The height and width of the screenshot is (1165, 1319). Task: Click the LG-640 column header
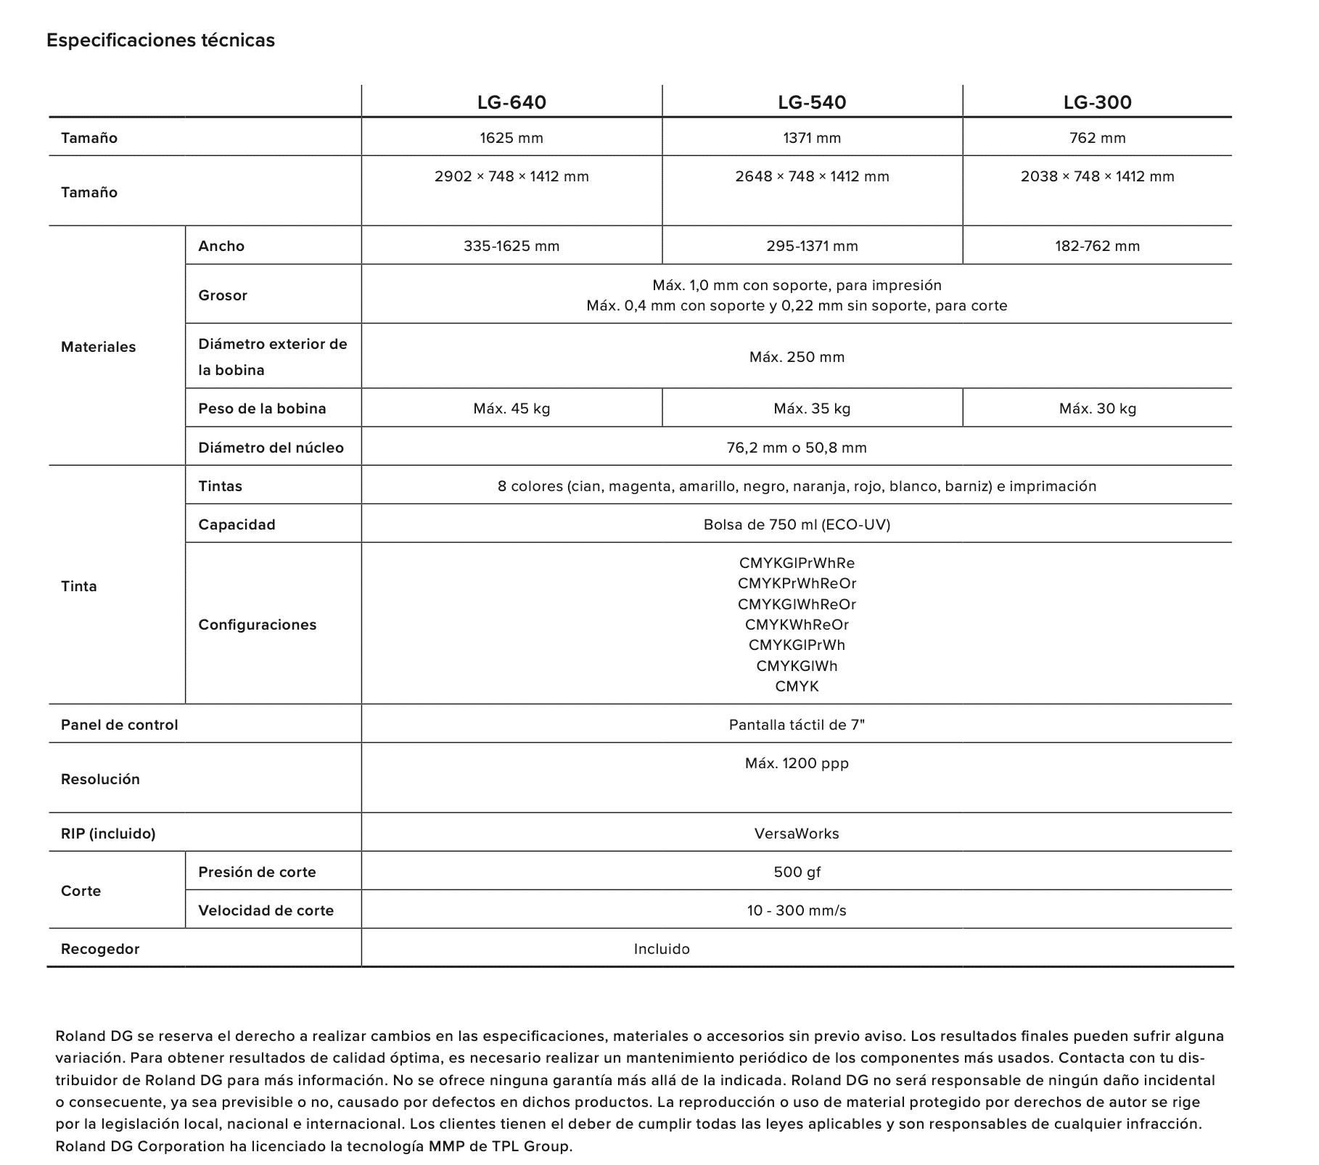point(511,102)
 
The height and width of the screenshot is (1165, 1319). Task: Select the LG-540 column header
point(812,102)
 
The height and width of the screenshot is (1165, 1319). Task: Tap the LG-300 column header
point(1097,102)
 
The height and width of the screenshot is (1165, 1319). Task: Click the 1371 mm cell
point(812,138)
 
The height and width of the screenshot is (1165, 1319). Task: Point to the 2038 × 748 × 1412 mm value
point(1097,176)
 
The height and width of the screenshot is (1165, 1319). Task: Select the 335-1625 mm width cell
point(511,246)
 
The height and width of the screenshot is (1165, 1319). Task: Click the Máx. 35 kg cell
point(812,408)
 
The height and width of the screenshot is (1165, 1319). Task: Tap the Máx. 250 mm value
point(797,357)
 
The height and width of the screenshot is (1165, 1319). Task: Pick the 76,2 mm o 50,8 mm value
point(797,448)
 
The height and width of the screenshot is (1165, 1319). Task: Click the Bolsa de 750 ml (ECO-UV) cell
point(797,524)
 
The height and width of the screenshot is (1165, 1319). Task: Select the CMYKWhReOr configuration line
point(797,625)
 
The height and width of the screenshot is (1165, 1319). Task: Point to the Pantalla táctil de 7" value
point(797,725)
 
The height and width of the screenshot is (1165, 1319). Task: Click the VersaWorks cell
point(797,833)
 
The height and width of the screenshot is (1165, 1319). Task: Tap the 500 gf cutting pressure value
point(797,872)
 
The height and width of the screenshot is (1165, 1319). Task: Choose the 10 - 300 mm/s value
point(797,910)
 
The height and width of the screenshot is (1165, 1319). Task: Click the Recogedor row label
point(100,949)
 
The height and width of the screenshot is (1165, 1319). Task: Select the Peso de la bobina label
point(262,408)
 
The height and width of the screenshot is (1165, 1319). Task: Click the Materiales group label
point(98,347)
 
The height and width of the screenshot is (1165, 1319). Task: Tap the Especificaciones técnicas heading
point(160,40)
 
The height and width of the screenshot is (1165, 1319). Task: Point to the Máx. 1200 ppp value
point(797,763)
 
